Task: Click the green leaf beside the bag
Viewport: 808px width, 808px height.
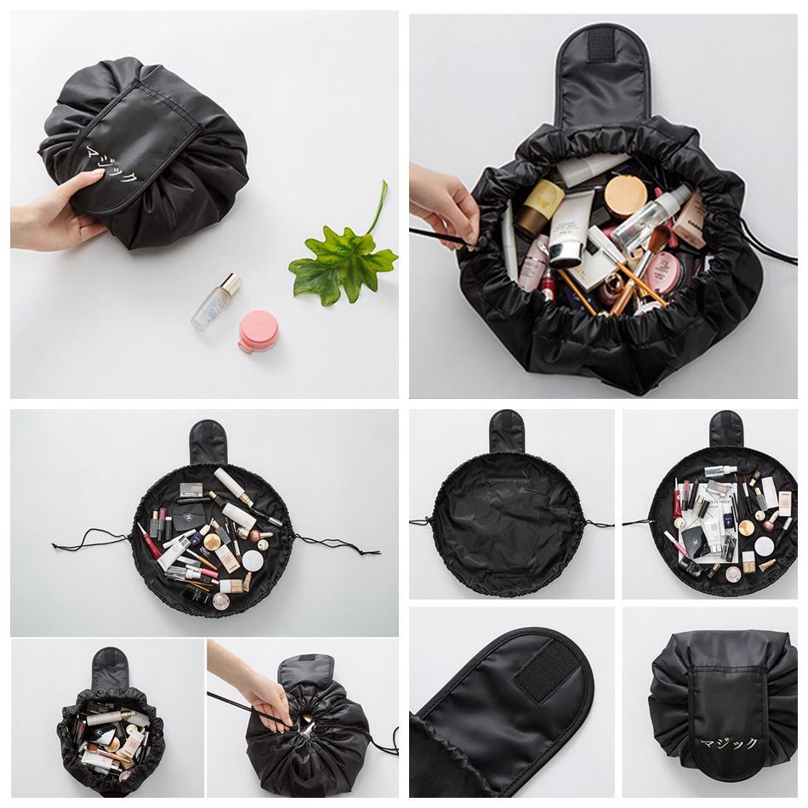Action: pos(340,259)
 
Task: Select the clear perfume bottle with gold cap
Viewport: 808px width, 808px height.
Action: pos(215,303)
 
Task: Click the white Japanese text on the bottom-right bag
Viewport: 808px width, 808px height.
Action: pos(728,743)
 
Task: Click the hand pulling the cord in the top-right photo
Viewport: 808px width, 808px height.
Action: pos(442,204)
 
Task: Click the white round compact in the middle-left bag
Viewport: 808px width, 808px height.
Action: pos(253,561)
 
